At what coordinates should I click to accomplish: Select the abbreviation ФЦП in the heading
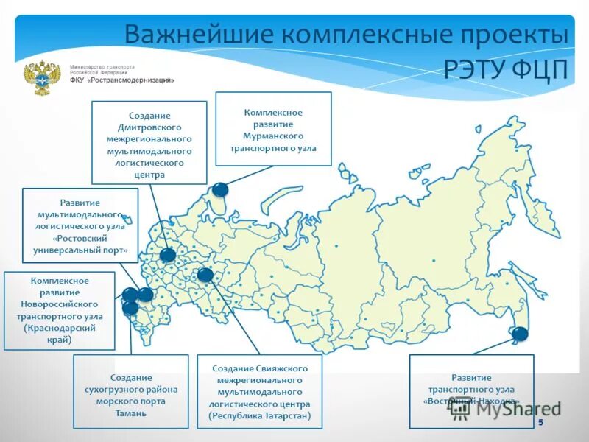pos(542,69)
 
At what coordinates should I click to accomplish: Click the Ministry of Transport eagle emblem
pos(42,78)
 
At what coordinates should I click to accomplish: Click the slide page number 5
pos(540,422)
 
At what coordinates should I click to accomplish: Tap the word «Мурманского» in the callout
pos(273,136)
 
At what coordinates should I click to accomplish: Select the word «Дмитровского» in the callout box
pos(149,127)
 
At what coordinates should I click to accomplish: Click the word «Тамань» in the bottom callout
pos(130,413)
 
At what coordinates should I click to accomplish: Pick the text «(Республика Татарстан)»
pos(260,416)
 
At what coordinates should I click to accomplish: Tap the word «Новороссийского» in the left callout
pos(60,304)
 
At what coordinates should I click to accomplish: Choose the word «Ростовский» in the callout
pos(80,239)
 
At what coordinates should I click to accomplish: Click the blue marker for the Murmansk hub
pos(220,189)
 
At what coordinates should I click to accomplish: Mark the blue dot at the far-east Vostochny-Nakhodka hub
pos(520,334)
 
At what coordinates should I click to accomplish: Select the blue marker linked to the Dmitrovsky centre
pos(168,256)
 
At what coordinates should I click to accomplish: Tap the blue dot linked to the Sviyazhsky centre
pos(205,276)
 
